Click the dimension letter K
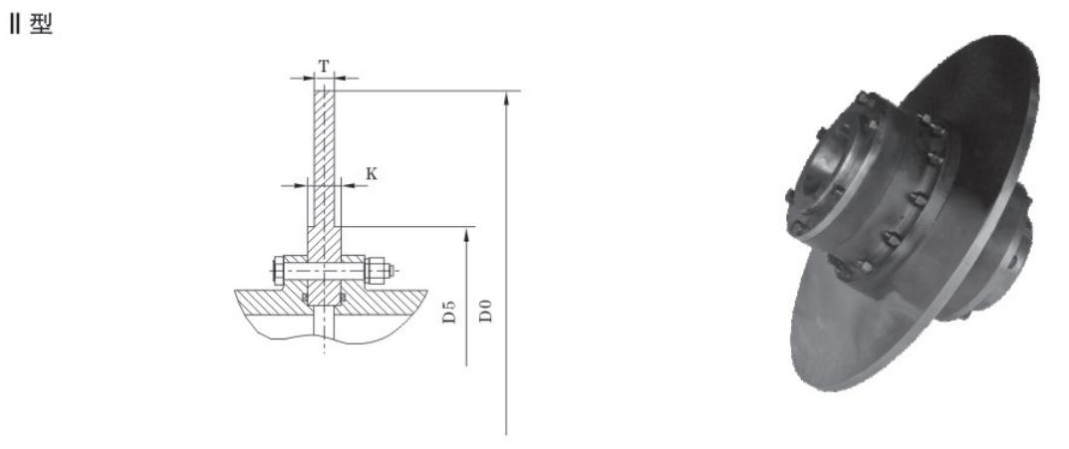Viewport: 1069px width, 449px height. (372, 172)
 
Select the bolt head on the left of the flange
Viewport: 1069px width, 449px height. (276, 270)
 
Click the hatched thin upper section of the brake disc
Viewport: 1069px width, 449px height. (324, 139)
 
